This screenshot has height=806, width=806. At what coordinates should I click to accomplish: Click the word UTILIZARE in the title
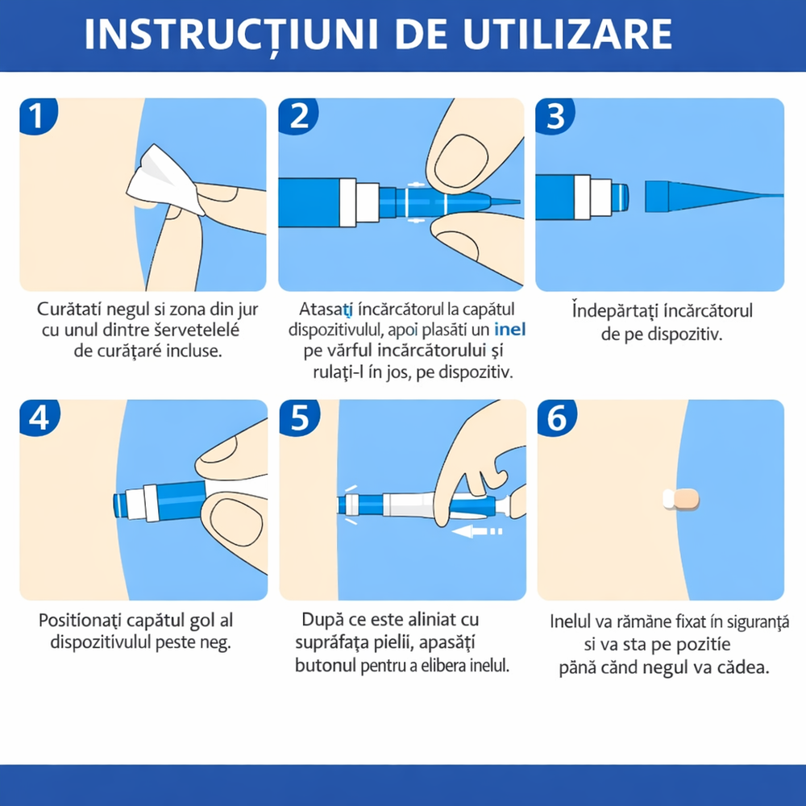coord(567,35)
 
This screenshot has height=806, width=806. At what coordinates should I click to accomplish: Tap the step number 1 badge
coord(37,115)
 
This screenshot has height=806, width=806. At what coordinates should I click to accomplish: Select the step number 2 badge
coord(298,115)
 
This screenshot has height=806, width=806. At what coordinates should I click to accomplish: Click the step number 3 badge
coord(555,115)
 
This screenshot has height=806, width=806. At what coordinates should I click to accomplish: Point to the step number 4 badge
coord(39,418)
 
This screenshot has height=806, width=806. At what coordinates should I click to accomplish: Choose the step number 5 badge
coord(300,418)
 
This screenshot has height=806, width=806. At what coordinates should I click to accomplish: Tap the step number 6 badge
coord(557,418)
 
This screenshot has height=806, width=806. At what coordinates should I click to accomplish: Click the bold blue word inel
coord(510,330)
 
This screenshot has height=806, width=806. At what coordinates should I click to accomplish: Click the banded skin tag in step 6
coord(680,499)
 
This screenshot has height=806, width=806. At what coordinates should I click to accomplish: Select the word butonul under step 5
coord(326,666)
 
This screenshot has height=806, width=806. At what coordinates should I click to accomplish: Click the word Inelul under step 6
coord(570,621)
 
